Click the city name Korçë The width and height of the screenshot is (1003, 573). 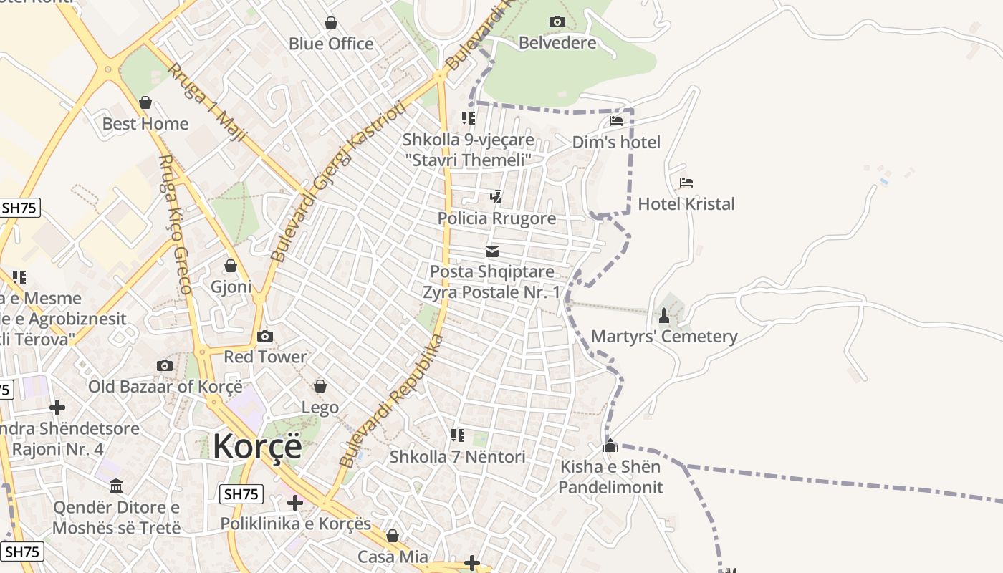(257, 446)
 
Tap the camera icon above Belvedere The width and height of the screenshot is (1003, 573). (557, 22)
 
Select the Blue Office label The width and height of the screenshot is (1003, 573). (331, 44)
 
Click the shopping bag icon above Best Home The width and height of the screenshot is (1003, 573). (145, 102)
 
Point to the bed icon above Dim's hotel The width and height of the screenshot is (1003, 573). (616, 121)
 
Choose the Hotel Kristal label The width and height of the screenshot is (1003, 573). (686, 204)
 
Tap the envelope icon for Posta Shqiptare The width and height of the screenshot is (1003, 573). (492, 251)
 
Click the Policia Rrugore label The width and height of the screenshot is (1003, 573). (496, 218)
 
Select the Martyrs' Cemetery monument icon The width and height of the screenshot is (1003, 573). (664, 315)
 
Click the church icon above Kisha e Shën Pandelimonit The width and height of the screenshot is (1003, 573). (610, 446)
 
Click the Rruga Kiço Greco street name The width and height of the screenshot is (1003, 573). (175, 224)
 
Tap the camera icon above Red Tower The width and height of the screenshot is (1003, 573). (265, 336)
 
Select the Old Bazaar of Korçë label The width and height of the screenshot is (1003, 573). (165, 387)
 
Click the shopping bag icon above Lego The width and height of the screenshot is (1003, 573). (320, 387)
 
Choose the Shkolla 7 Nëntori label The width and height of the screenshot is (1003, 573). (457, 457)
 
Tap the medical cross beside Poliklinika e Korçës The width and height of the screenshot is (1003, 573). (294, 502)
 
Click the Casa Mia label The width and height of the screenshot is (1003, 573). (393, 557)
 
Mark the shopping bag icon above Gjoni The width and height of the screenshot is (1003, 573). (231, 266)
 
